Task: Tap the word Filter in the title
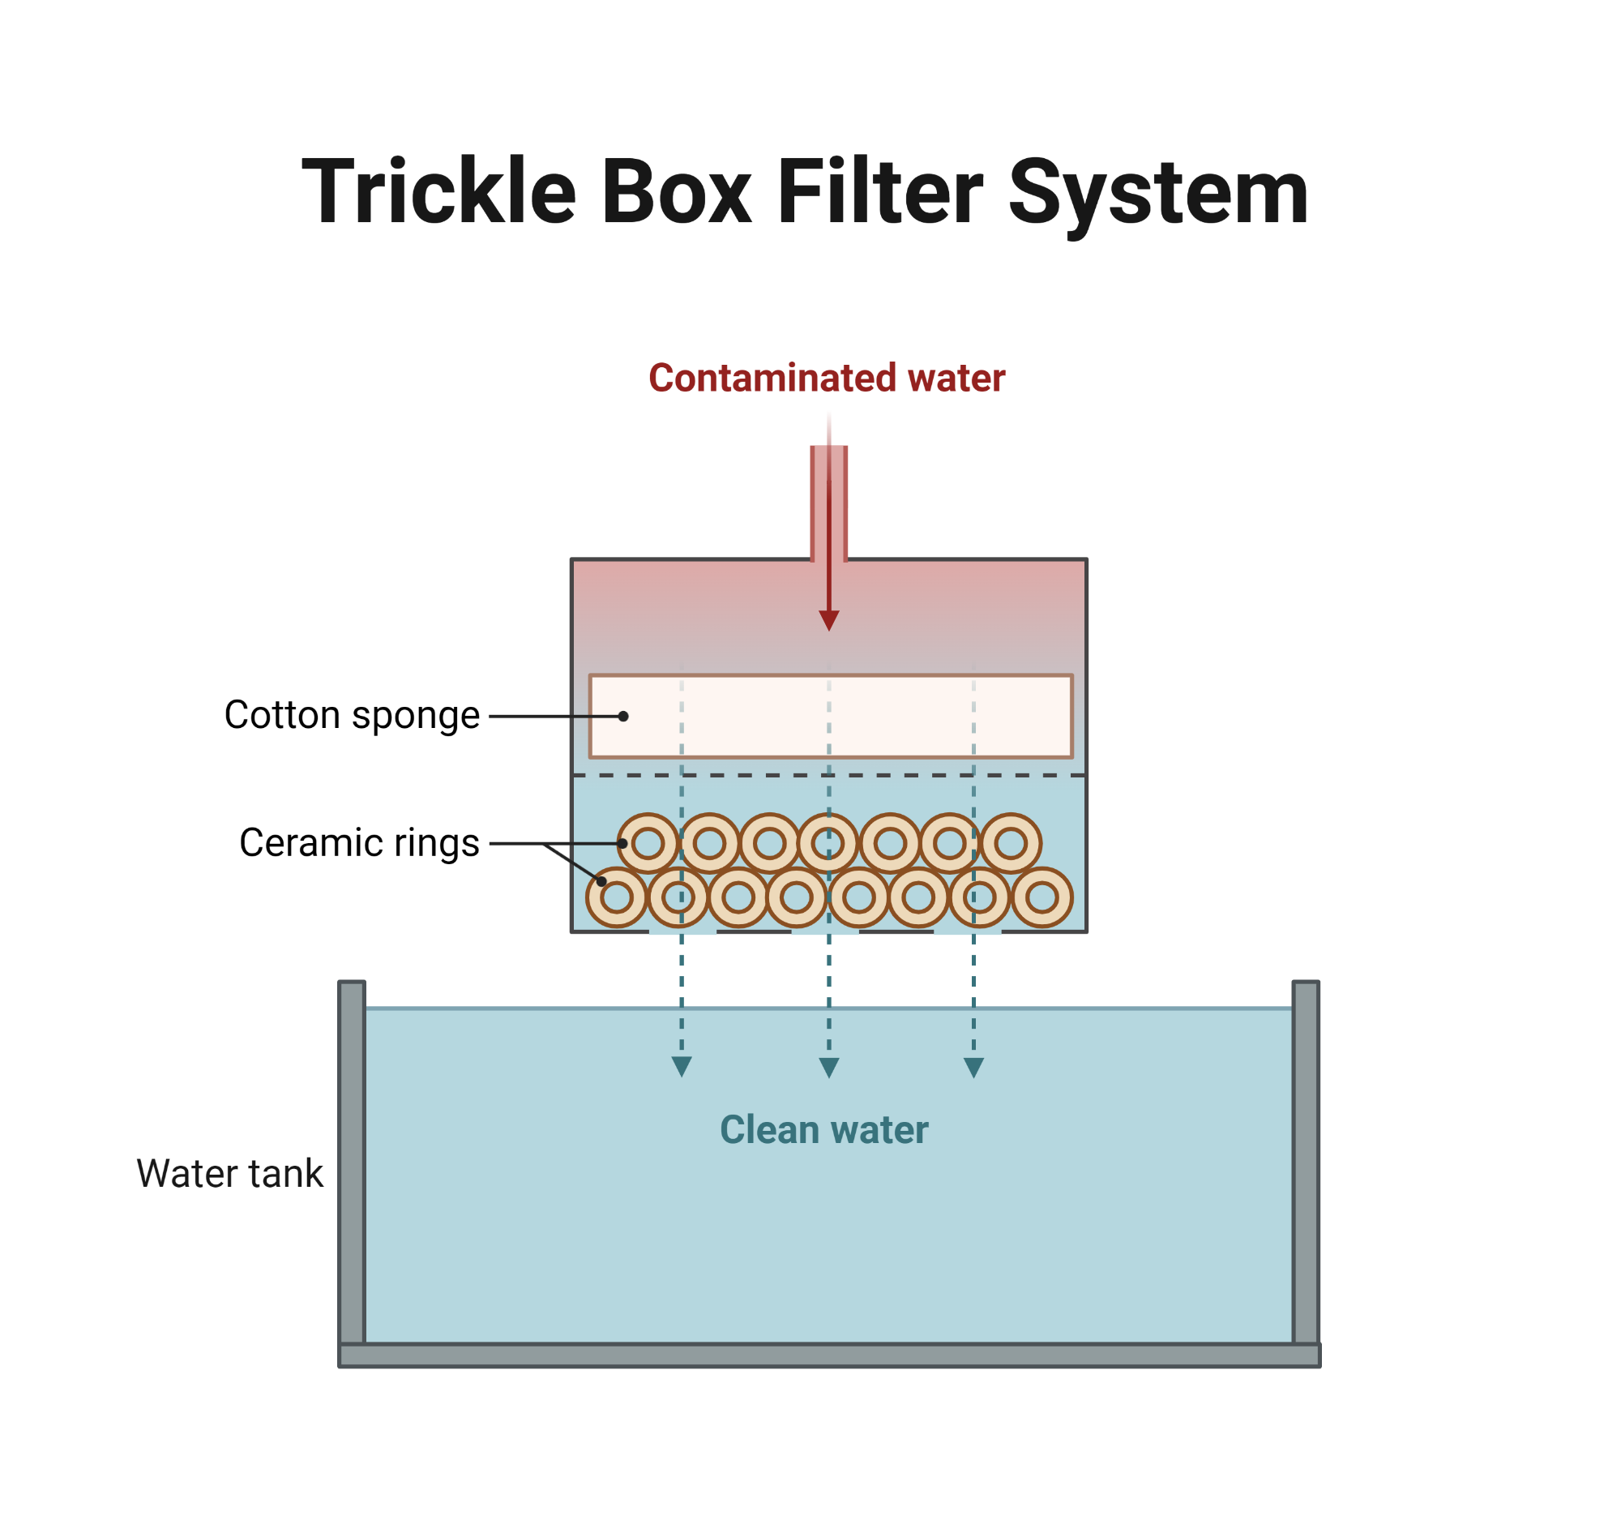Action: [x=880, y=192]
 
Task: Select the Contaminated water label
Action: [x=826, y=378]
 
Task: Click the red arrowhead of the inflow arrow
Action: [x=828, y=620]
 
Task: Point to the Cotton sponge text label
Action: [x=352, y=715]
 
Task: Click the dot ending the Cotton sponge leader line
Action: [x=623, y=716]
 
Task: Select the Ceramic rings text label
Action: [x=359, y=842]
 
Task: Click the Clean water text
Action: [x=823, y=1129]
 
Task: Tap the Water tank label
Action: [x=229, y=1173]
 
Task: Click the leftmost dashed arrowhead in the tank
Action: [x=682, y=1067]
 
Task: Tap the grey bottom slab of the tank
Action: [x=828, y=1355]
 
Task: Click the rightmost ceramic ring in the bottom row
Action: [x=1042, y=897]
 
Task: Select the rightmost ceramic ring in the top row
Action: [x=1011, y=843]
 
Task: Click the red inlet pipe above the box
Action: [x=828, y=502]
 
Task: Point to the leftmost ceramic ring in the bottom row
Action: [x=618, y=897]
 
